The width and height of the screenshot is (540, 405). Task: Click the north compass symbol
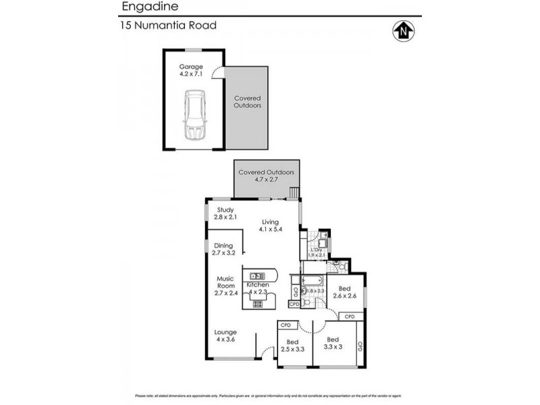point(402,30)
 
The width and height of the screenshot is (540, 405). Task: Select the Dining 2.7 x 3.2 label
point(223,249)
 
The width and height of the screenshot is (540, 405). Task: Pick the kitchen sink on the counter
point(257,275)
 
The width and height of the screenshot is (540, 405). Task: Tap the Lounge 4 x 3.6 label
point(225,335)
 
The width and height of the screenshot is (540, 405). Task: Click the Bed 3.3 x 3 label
point(333,343)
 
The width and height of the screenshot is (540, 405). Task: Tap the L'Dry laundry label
point(317,253)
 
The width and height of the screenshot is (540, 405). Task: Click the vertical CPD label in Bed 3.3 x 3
point(360,347)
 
